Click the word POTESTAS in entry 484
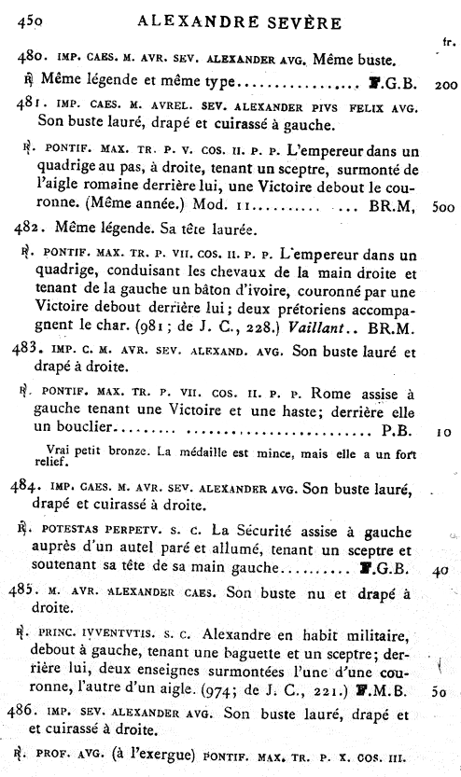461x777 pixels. point(72,529)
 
